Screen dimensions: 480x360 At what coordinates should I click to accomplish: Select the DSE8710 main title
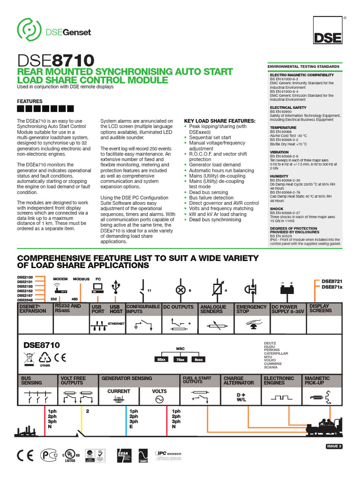55,60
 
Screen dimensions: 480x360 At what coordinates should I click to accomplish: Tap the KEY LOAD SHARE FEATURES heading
219,121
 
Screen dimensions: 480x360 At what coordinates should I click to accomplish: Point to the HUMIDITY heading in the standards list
279,176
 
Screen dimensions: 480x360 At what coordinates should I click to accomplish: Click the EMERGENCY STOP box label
251,308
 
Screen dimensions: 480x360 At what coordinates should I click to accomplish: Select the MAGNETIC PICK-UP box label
317,380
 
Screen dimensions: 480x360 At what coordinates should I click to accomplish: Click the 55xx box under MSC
162,359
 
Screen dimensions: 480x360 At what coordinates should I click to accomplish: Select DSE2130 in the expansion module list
24,277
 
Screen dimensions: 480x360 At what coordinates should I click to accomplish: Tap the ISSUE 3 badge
334,446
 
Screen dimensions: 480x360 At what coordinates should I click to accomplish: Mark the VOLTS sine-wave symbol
159,399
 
